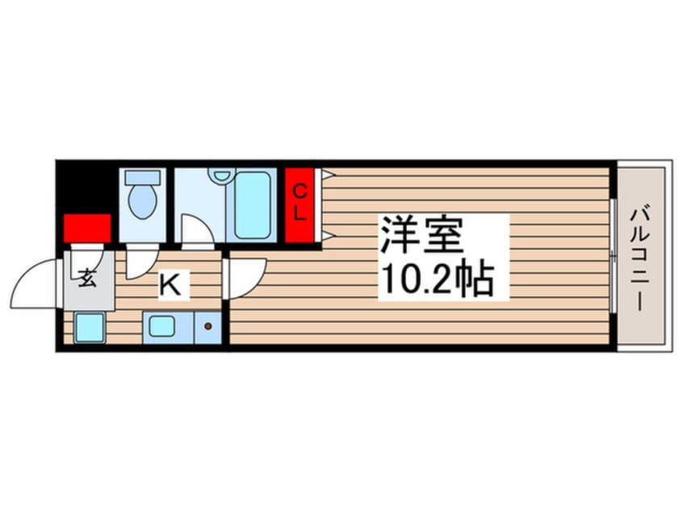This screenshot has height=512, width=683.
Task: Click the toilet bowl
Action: [x=144, y=203]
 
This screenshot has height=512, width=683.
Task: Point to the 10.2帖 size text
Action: [x=437, y=279]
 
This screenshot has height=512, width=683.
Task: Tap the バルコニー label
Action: [x=643, y=256]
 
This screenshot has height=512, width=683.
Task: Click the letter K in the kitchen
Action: [x=170, y=285]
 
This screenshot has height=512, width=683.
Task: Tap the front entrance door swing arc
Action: [x=37, y=282]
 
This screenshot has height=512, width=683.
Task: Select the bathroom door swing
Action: [x=197, y=231]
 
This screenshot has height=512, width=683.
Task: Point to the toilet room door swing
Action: [x=140, y=261]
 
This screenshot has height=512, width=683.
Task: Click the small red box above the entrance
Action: [x=86, y=228]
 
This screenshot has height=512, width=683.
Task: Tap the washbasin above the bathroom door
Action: [x=219, y=174]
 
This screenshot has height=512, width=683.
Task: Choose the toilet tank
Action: [x=144, y=177]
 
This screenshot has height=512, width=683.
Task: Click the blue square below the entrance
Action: [x=89, y=327]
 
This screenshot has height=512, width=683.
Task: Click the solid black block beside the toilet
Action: [x=86, y=187]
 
